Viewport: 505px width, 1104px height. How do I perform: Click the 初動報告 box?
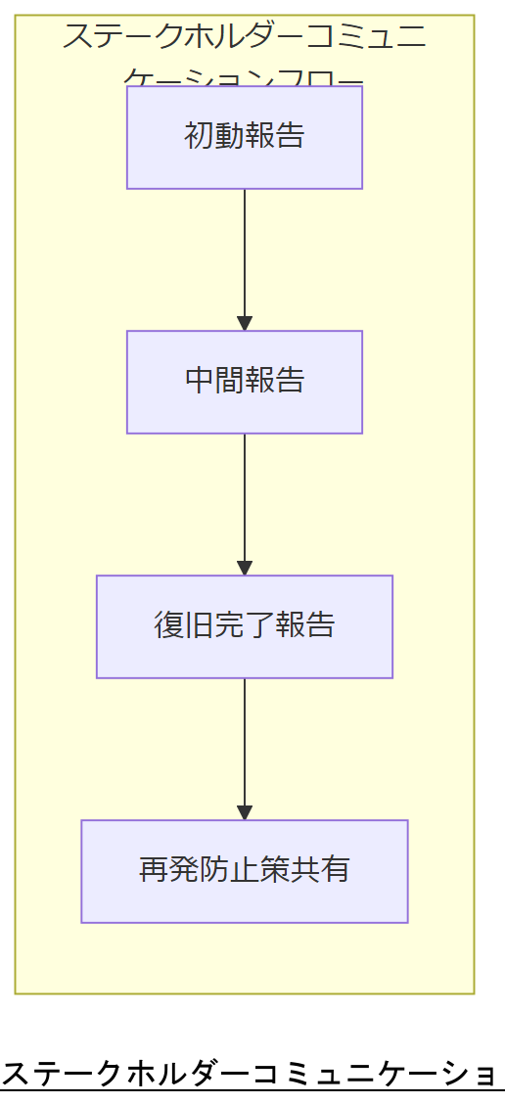[244, 137]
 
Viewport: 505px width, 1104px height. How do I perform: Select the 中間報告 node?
[244, 382]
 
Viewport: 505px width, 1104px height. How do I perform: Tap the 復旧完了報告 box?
[244, 626]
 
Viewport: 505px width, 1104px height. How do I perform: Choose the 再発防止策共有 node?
[244, 871]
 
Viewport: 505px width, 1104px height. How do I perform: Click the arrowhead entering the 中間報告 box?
[245, 324]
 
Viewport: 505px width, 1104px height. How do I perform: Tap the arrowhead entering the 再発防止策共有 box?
[245, 813]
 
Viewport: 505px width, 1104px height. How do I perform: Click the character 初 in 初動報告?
[199, 136]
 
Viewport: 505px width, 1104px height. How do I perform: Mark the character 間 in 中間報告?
[229, 381]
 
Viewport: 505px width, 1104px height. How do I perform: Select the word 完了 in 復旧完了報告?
[245, 625]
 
